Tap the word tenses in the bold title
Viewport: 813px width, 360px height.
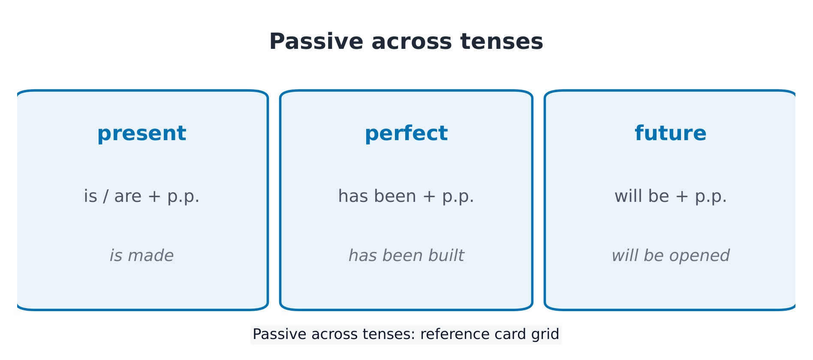tap(502, 42)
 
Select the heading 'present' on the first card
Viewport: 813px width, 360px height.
tap(142, 134)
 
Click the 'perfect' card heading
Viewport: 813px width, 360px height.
tap(406, 134)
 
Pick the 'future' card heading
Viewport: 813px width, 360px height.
tap(671, 133)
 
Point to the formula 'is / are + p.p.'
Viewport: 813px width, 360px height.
tap(142, 196)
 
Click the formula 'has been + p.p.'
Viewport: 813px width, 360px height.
tap(406, 196)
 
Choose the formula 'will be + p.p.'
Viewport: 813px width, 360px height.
tap(671, 196)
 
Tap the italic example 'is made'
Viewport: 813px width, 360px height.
tap(142, 256)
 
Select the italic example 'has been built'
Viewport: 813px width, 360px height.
tap(406, 256)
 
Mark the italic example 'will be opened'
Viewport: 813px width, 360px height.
tap(671, 256)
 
